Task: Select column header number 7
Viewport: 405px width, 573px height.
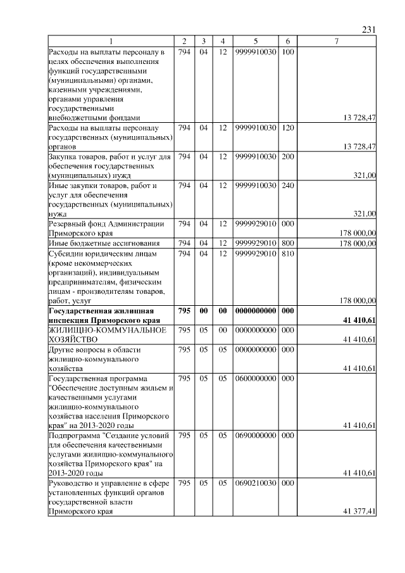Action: pos(337,41)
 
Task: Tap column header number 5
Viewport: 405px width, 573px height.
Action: pos(256,41)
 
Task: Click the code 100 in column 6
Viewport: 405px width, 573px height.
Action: pos(287,51)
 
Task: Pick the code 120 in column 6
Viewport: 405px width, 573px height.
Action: pos(287,128)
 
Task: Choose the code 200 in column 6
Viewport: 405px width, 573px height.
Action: pos(287,156)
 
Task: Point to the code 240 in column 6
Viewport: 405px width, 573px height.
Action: pos(287,186)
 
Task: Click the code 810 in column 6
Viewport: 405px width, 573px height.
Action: pos(287,253)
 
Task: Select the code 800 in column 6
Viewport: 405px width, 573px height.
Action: pos(287,243)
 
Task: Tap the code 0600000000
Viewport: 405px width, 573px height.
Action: pos(256,379)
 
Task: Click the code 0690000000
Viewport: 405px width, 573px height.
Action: pos(256,436)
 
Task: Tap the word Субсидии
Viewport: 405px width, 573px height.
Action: pos(66,253)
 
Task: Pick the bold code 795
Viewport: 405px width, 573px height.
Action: pos(184,311)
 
